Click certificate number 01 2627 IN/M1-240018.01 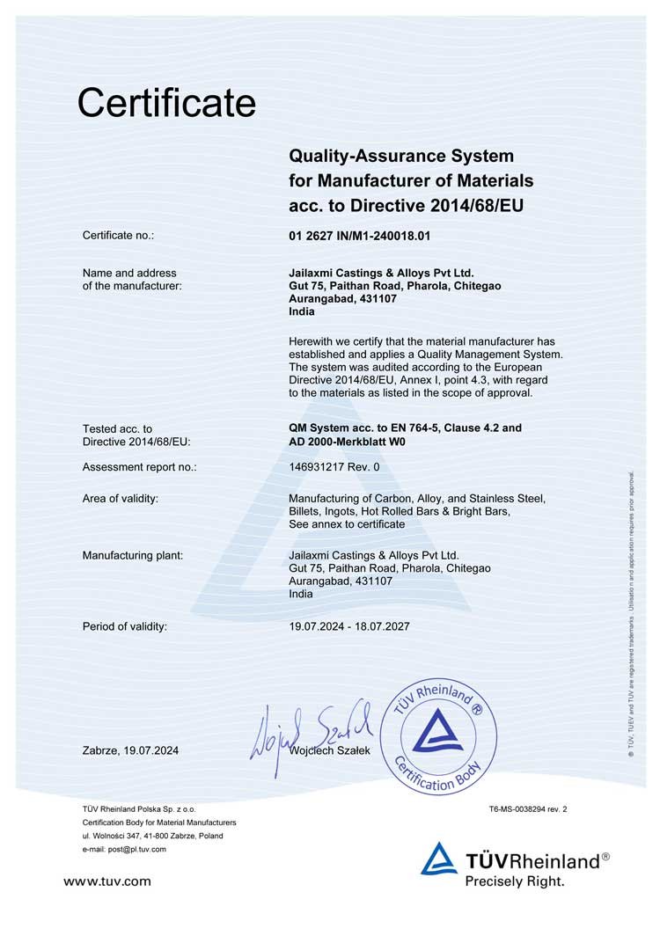[x=361, y=236]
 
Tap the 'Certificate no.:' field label [x=118, y=236]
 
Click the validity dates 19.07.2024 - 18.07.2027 [x=348, y=626]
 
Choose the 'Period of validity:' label [x=124, y=626]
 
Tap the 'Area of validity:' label [x=120, y=499]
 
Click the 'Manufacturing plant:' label [x=132, y=555]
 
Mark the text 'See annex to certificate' [x=347, y=524]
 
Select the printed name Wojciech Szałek [x=330, y=750]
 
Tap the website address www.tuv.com [x=107, y=881]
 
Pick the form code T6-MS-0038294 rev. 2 [x=528, y=808]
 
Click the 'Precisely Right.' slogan [x=515, y=880]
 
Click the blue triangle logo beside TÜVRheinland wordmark [x=439, y=859]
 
